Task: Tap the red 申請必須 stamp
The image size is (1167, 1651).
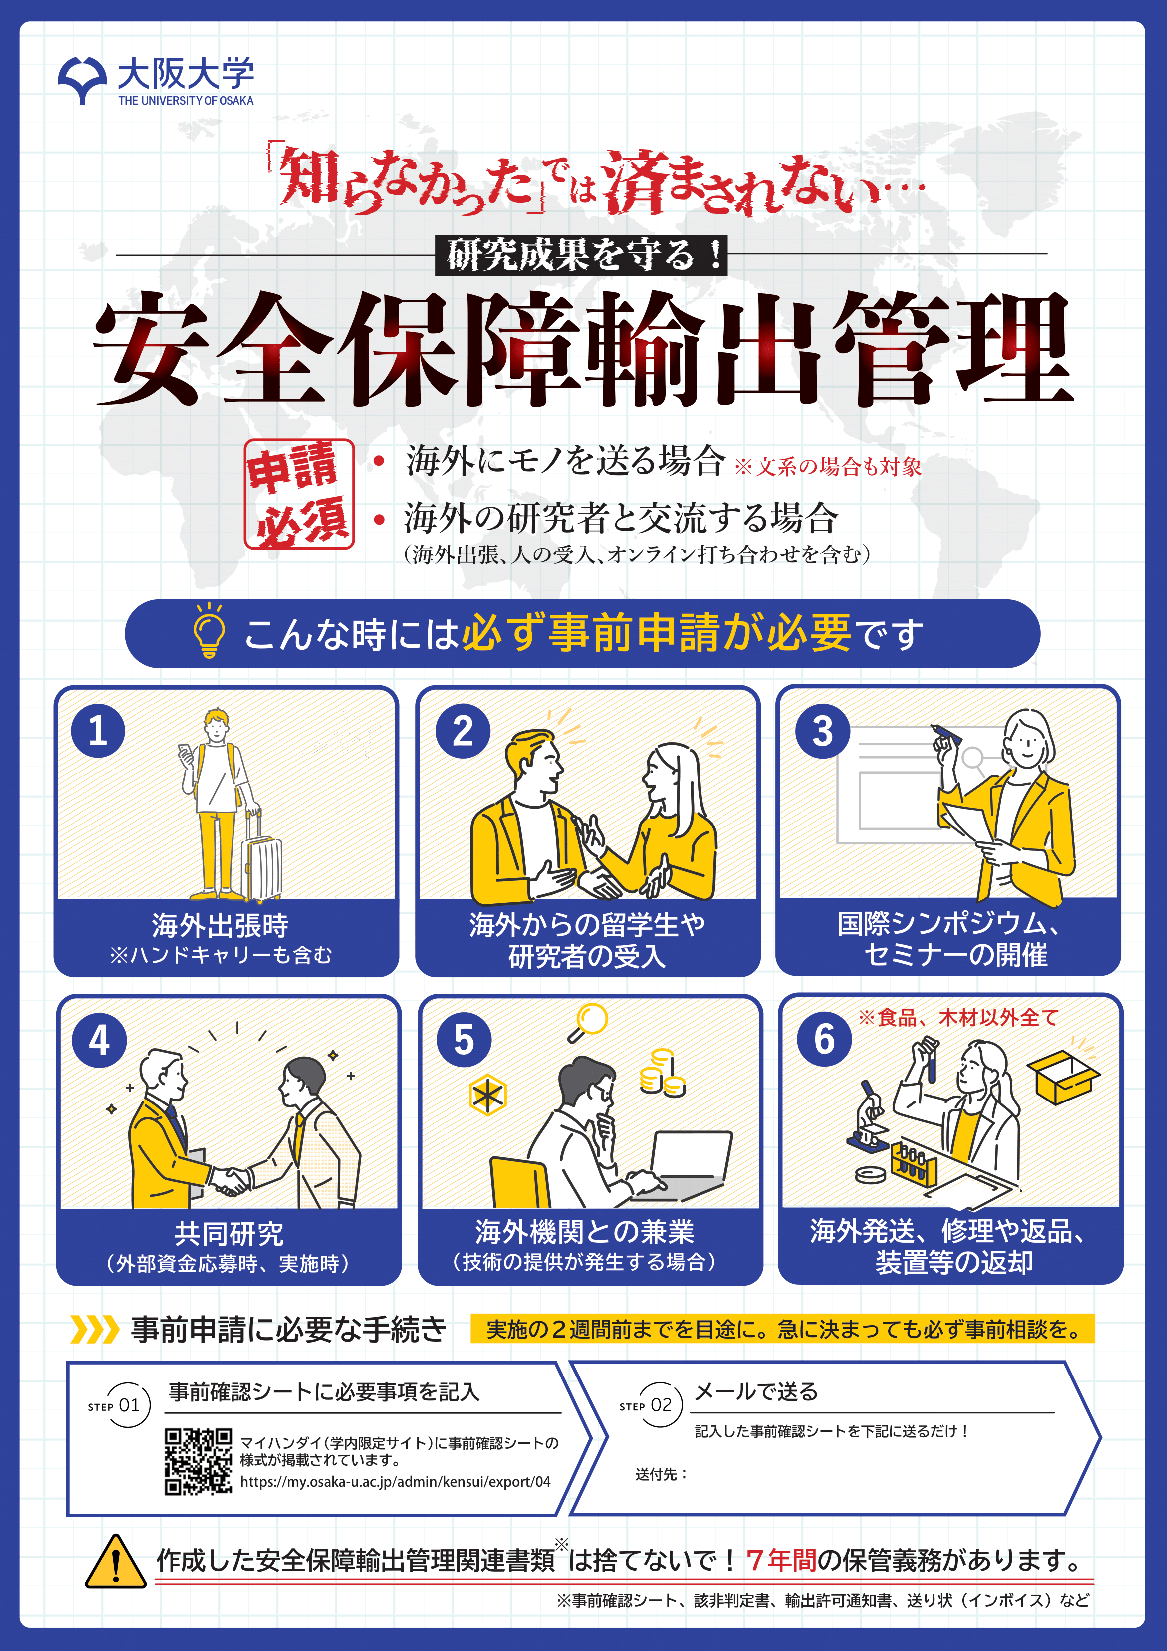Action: coord(299,494)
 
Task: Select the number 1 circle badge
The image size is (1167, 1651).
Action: coord(98,731)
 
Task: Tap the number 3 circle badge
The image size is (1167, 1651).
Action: coord(823,731)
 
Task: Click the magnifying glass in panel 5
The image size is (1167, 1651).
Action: coord(587,1022)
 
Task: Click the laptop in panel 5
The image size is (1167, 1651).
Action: coord(683,1165)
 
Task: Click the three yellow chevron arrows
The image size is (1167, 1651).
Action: coord(94,1329)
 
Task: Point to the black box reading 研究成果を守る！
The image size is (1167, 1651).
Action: coord(581,255)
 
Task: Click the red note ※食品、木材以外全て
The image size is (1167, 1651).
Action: coord(958,1018)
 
